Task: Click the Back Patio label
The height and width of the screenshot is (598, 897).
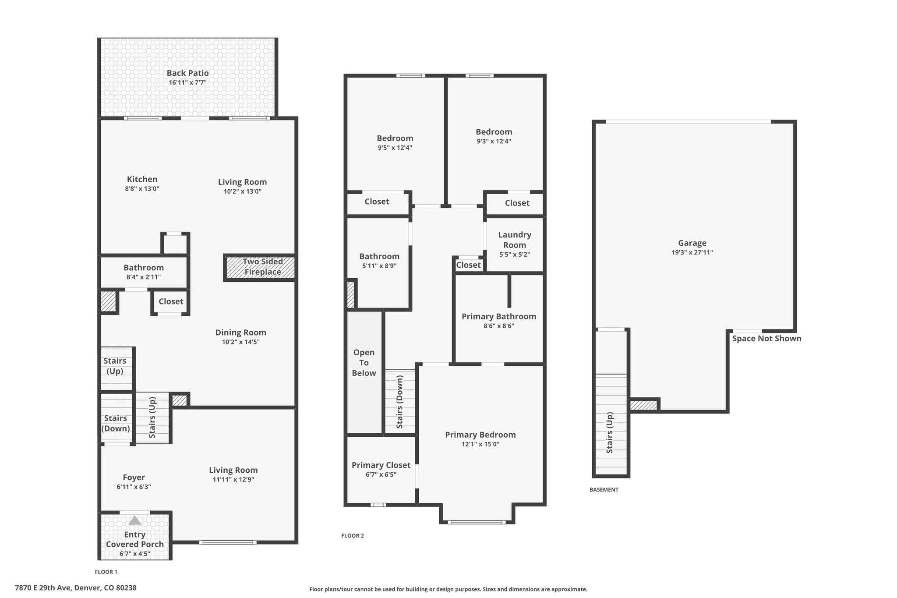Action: point(187,73)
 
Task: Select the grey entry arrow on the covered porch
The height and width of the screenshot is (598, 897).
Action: point(134,520)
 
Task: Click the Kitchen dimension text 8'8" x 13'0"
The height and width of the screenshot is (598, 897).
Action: point(142,189)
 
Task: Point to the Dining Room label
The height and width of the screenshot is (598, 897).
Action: point(240,333)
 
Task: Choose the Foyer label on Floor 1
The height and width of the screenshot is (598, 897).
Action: point(134,478)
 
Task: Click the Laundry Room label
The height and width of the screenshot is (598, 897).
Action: point(515,240)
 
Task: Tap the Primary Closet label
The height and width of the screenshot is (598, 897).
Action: point(381,465)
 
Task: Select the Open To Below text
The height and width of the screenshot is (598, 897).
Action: point(364,363)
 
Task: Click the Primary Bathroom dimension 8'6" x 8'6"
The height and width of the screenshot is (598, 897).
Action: point(498,326)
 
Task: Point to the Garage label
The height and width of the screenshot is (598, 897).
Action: point(692,243)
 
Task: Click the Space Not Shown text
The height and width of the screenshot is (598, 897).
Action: point(766,338)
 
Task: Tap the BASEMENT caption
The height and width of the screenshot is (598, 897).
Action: point(604,490)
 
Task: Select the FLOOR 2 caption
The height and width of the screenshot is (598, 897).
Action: point(353,536)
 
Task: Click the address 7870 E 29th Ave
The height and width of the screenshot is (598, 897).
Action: point(42,588)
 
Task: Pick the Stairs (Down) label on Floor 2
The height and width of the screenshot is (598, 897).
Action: point(399,402)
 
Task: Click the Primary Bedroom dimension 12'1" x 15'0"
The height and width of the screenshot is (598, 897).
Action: point(480,444)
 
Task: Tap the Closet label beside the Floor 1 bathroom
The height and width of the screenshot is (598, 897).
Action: point(171,301)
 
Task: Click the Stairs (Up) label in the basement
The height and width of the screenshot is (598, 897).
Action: point(610,433)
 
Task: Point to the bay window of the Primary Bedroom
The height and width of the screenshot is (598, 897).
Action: point(477,522)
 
